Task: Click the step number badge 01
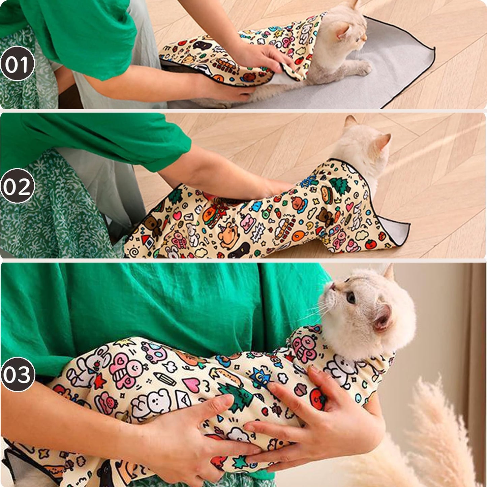coord(17,64)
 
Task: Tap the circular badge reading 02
coord(17,186)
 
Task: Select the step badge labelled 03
coord(18,374)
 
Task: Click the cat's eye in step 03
coord(351,297)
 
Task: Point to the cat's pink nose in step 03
coord(332,287)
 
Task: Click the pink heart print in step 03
coord(191,385)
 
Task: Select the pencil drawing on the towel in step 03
coord(165,379)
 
